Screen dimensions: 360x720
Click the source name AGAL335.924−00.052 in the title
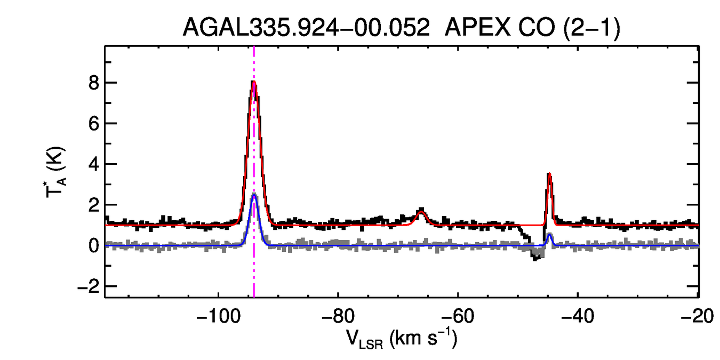306,28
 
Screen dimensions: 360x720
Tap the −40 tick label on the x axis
578,317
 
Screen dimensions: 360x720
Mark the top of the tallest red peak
254,81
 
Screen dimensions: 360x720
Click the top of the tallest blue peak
254,195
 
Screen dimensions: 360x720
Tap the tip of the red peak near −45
549,174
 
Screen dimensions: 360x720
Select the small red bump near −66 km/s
421,212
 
